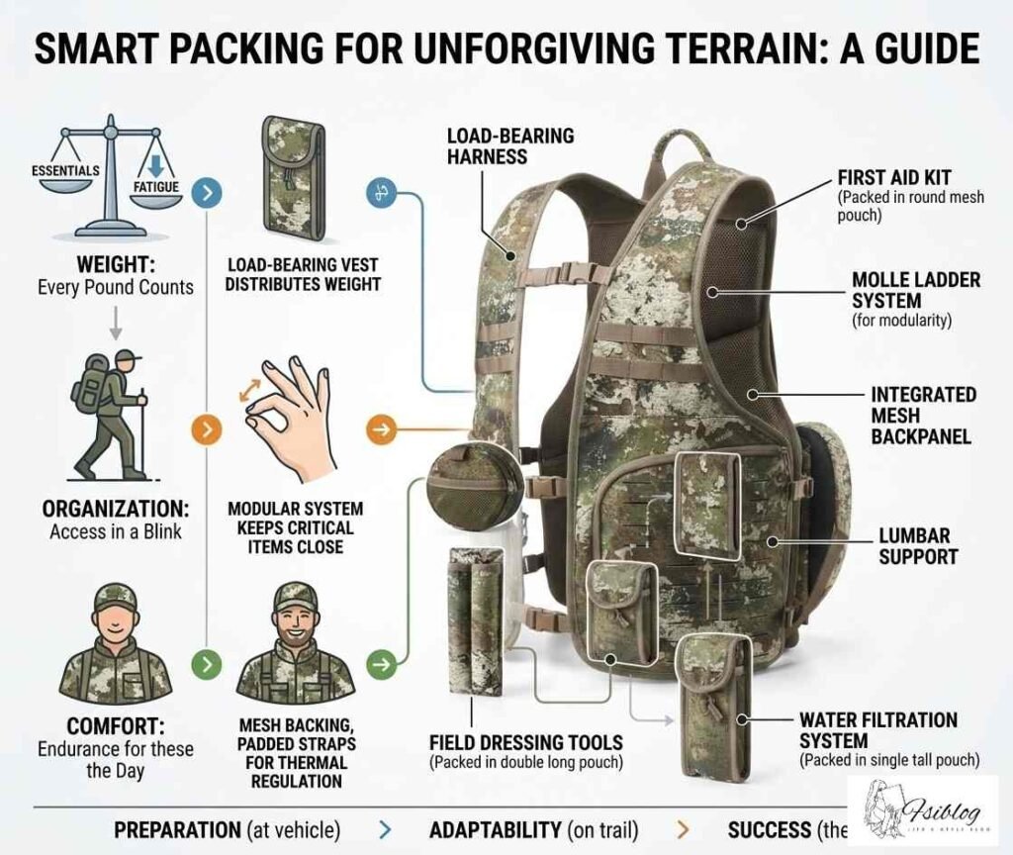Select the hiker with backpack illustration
109,414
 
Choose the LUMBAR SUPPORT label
918,546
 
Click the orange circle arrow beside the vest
380,430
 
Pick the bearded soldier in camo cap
295,643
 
